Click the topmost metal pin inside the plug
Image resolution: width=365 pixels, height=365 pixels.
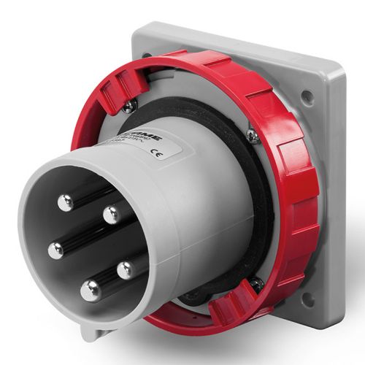click(66, 202)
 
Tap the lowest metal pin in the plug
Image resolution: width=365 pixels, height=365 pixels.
click(91, 290)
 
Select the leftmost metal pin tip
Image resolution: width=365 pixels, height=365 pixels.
click(55, 250)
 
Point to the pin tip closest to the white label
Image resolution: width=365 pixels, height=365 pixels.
click(111, 215)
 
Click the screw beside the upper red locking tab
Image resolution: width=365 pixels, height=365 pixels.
click(129, 107)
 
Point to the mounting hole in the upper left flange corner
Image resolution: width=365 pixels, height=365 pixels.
click(145, 55)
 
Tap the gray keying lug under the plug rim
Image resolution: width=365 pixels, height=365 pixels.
click(89, 332)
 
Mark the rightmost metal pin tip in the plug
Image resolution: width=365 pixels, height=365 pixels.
click(126, 270)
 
